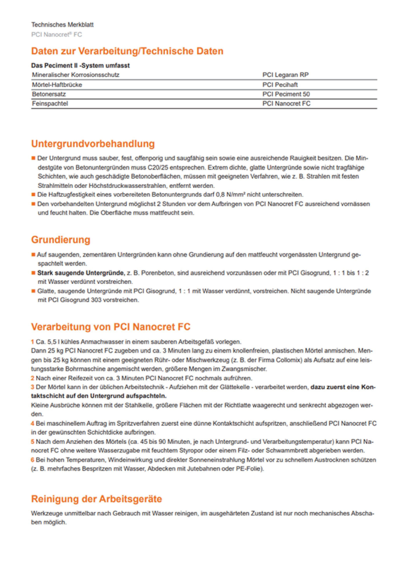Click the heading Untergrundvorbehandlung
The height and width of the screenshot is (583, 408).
tap(93, 144)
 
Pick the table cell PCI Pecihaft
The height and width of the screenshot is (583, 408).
tap(280, 85)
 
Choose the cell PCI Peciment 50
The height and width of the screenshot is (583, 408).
tap(286, 94)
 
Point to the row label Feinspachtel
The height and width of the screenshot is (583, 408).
tap(50, 104)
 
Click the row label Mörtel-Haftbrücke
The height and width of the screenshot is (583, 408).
tap(57, 85)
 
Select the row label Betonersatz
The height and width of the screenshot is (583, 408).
tap(49, 94)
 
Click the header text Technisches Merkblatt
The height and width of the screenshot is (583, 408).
tap(62, 25)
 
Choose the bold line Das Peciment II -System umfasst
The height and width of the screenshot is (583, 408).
tap(80, 65)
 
